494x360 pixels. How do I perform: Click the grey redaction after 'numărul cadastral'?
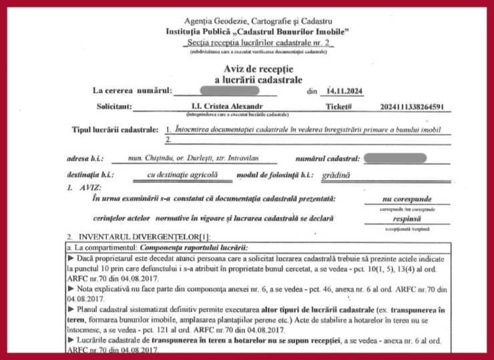[395, 159]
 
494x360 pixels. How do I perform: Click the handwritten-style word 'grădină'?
[336, 176]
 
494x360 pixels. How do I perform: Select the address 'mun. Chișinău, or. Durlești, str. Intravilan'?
[192, 159]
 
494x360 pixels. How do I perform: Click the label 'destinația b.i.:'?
[89, 176]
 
